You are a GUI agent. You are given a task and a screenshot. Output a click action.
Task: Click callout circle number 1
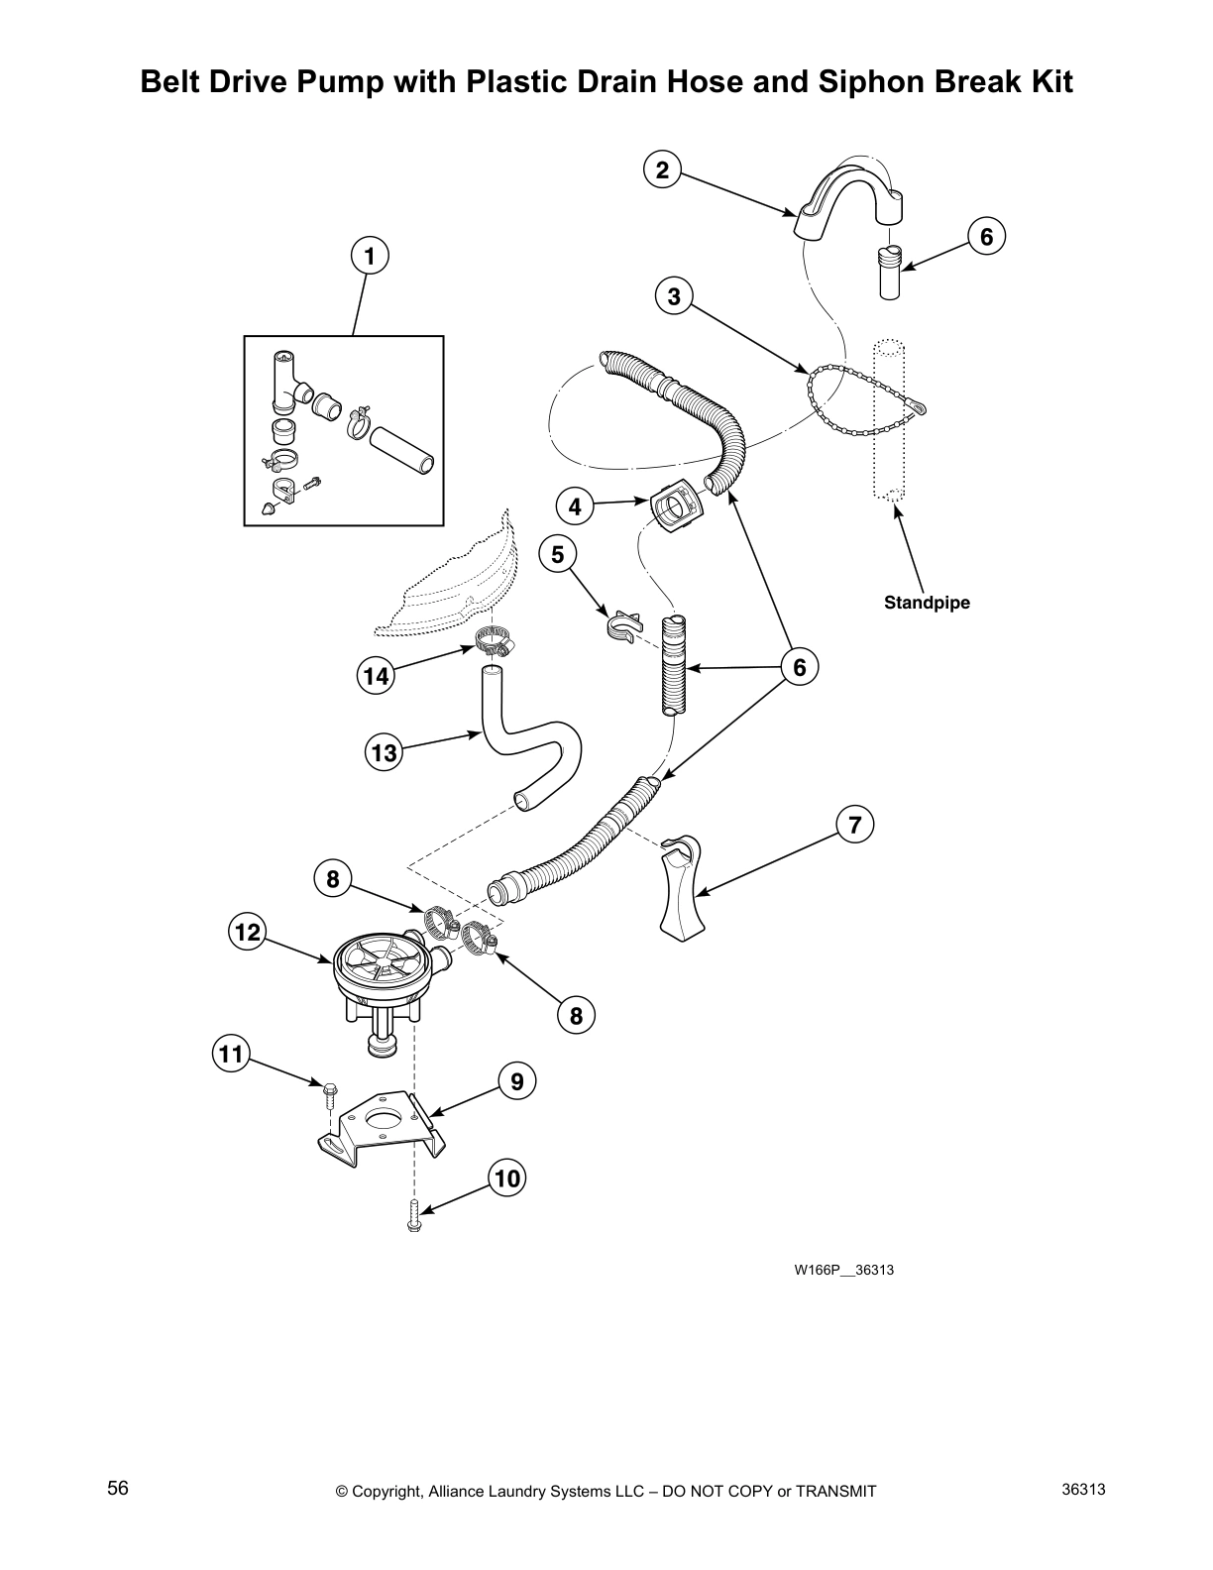369,256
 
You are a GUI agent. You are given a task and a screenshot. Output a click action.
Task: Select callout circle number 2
662,169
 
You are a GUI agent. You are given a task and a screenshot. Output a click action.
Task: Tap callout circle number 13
384,752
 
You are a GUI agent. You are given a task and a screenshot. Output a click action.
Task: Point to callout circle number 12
248,932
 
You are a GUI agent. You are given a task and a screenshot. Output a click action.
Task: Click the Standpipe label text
927,603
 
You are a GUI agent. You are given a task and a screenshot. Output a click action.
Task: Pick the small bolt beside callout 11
328,1093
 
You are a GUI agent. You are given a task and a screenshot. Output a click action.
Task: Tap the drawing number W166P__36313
843,1270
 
